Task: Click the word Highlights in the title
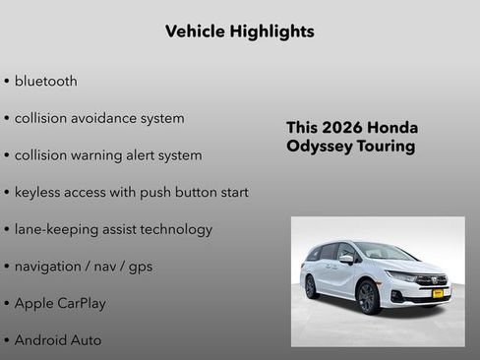[267, 31]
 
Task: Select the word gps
[139, 267]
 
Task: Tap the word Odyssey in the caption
[320, 147]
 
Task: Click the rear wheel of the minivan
[312, 287]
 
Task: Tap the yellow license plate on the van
[438, 293]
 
